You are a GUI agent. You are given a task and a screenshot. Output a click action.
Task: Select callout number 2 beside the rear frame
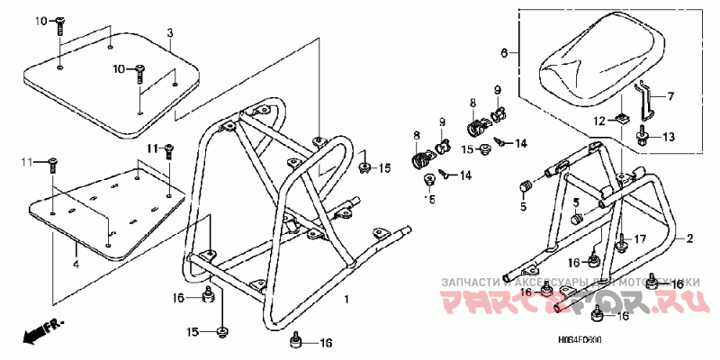[x=690, y=238]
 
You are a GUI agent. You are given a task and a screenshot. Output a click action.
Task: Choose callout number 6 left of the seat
[x=505, y=54]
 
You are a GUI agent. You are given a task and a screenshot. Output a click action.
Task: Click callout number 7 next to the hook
[x=670, y=94]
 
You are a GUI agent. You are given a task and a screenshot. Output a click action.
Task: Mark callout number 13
[x=669, y=137]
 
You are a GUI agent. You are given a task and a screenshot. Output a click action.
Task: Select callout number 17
[x=640, y=238]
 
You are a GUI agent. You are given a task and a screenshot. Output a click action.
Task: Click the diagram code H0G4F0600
[x=577, y=341]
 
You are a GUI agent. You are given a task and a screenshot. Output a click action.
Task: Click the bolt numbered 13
[x=643, y=137]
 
